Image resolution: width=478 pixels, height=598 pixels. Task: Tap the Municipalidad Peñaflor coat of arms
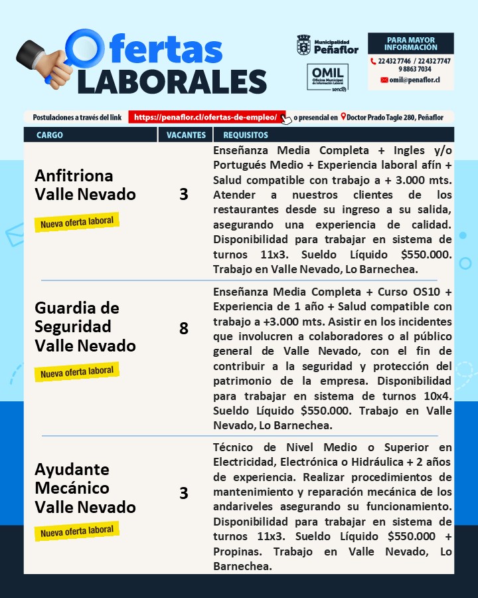coord(303,45)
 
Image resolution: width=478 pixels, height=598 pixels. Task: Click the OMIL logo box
coord(327,77)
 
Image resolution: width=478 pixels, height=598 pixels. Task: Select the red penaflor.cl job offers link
coord(206,117)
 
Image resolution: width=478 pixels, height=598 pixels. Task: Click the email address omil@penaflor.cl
coord(414,80)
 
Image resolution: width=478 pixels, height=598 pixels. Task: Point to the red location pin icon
coord(343,117)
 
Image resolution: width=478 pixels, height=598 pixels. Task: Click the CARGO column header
coord(50,135)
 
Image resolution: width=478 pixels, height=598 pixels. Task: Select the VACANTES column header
coord(185,135)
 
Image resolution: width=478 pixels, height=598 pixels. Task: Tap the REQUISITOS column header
coord(245,135)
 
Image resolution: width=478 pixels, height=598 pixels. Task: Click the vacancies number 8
coord(184,328)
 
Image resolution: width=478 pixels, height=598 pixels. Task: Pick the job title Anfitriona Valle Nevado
coord(84,185)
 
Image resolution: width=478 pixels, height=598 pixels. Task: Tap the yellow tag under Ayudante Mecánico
coord(77,531)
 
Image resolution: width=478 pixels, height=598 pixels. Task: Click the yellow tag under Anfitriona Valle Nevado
coord(77,222)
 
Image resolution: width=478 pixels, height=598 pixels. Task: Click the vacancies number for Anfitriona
coord(184,194)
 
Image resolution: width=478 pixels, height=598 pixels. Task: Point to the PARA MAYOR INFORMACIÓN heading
coord(410,44)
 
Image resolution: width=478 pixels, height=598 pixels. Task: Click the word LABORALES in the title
coord(172,80)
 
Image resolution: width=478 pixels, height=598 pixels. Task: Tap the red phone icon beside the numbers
coord(373,61)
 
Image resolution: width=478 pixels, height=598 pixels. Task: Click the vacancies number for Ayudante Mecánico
coord(184,493)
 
